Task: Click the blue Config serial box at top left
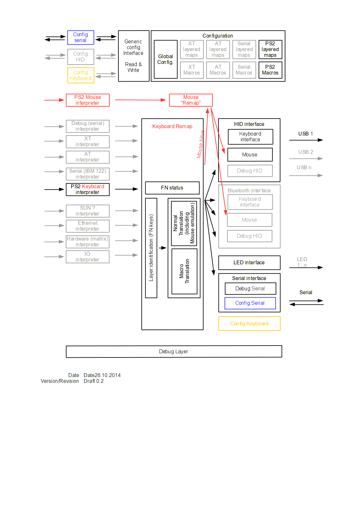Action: click(81, 38)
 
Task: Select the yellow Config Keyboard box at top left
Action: click(81, 75)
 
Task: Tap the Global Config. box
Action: click(166, 59)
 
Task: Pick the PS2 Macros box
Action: click(270, 70)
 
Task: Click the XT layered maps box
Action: click(192, 49)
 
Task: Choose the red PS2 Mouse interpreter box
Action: click(88, 100)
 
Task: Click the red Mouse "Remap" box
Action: click(191, 100)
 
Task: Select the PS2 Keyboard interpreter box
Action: click(88, 189)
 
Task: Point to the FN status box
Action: click(172, 188)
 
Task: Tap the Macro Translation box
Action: click(184, 271)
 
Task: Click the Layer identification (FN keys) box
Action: click(151, 248)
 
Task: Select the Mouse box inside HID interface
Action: click(250, 155)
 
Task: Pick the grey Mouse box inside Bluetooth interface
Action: click(250, 220)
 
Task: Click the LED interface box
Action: click(249, 263)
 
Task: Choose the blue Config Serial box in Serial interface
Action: click(250, 303)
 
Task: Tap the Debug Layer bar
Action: click(174, 352)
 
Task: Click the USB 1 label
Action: click(305, 134)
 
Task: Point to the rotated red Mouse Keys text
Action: click(201, 144)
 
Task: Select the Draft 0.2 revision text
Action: click(94, 381)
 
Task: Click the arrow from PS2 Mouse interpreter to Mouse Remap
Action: click(140, 100)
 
